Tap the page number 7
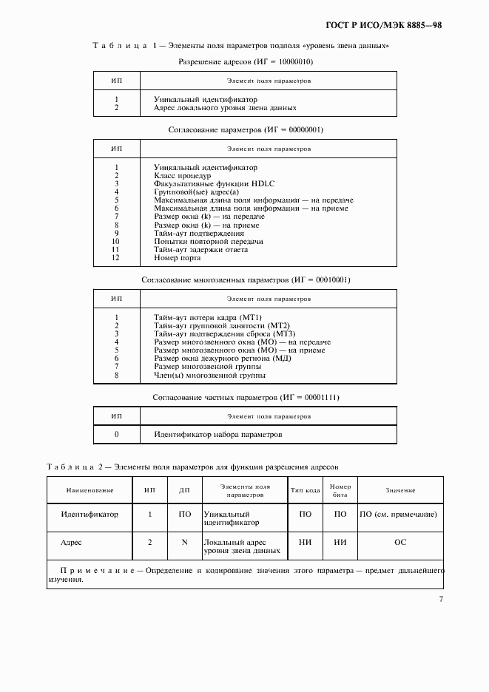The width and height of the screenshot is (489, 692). (x=441, y=599)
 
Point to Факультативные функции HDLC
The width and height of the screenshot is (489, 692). (x=204, y=184)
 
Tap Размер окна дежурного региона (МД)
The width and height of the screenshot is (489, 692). (x=222, y=358)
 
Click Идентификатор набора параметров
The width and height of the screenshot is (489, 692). (x=217, y=435)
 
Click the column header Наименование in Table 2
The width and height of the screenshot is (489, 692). (x=90, y=490)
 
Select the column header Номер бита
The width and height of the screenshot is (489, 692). (x=340, y=490)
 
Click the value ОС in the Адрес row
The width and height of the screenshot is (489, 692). (x=399, y=542)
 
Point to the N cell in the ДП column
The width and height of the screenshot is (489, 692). (x=185, y=542)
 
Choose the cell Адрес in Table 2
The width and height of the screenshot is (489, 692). (x=71, y=542)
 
